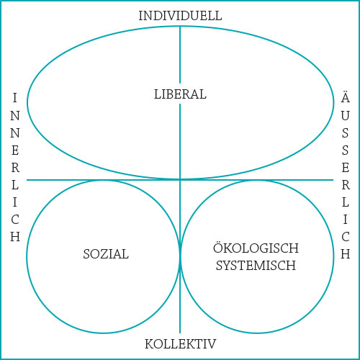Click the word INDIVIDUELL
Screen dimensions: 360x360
click(x=180, y=16)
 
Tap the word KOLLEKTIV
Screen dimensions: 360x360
click(x=180, y=344)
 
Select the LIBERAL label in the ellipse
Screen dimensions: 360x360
click(x=180, y=94)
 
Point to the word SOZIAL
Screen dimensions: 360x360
click(x=106, y=254)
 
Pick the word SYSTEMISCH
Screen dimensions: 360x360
click(x=256, y=266)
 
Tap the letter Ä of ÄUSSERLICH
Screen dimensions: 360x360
click(x=346, y=97)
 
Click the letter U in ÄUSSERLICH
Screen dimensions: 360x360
click(x=346, y=116)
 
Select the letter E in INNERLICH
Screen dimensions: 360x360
click(x=15, y=150)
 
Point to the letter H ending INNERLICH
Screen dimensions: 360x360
click(x=15, y=237)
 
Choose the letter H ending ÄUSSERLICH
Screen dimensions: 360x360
click(x=346, y=254)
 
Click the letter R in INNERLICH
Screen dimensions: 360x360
click(x=15, y=168)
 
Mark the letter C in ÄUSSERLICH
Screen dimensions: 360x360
click(x=346, y=237)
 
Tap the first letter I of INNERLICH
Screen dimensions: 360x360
click(x=15, y=98)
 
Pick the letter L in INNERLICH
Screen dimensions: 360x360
click(x=15, y=185)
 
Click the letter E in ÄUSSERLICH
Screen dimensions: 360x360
click(x=346, y=168)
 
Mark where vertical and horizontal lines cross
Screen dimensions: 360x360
click(x=180, y=180)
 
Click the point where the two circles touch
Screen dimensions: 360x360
click(x=180, y=256)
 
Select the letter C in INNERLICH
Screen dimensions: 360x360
click(x=15, y=220)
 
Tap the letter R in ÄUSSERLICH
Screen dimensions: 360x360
click(x=346, y=185)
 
